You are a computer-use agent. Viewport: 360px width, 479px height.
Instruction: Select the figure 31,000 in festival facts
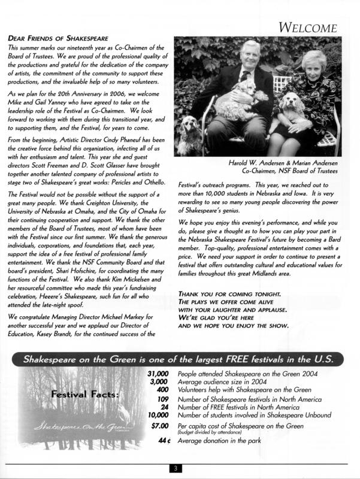[157, 374]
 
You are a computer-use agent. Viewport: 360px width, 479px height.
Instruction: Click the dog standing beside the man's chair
[189, 133]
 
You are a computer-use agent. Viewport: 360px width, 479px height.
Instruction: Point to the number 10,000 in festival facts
[157, 414]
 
